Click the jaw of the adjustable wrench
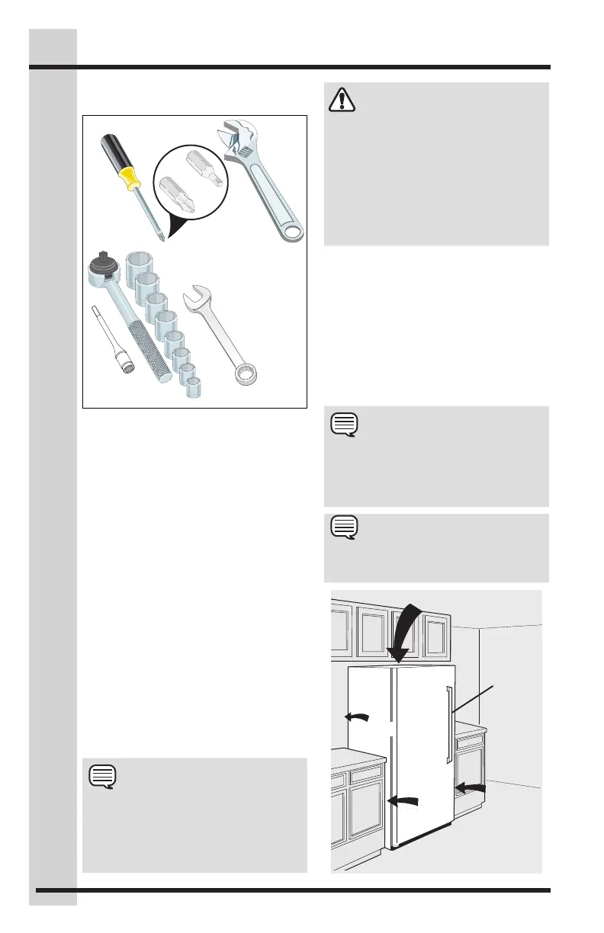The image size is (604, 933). (233, 142)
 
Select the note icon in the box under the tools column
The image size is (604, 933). (102, 776)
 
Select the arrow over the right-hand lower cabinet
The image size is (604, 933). (471, 786)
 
